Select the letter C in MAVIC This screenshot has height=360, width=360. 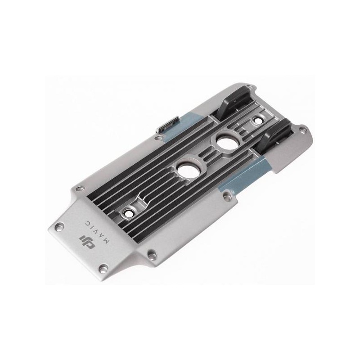click(x=87, y=223)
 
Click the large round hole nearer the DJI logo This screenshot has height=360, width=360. click(x=188, y=171)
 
